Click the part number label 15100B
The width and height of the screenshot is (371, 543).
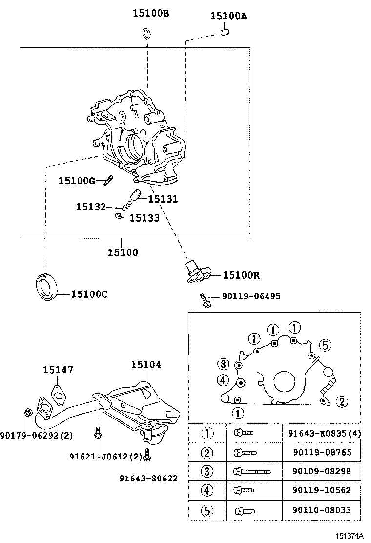[x=151, y=14]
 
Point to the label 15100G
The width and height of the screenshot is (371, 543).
[x=77, y=181]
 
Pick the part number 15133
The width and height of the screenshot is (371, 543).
[x=144, y=218]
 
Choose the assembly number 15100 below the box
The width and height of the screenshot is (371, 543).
[x=123, y=252]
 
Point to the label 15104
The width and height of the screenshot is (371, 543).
[x=146, y=365]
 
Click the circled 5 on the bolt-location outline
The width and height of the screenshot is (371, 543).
[x=326, y=345]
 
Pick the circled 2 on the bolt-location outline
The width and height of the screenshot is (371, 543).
[x=342, y=402]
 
